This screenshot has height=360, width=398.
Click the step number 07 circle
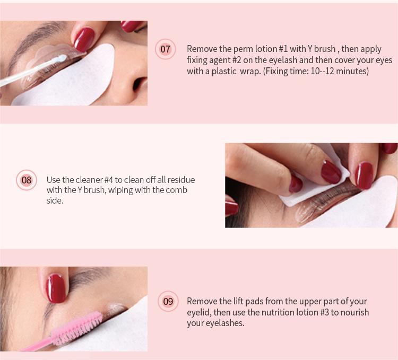pos(165,49)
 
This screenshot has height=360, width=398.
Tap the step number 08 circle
pos(27,180)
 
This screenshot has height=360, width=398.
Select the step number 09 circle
pos(168,301)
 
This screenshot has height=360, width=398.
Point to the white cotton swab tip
pos(61,58)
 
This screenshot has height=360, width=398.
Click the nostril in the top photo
pos(139,84)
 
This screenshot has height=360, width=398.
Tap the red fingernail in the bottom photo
pos(56,288)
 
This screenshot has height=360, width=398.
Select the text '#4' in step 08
pos(108,180)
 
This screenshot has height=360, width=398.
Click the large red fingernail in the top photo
pos(84,39)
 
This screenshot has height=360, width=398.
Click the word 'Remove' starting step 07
pos(202,49)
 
